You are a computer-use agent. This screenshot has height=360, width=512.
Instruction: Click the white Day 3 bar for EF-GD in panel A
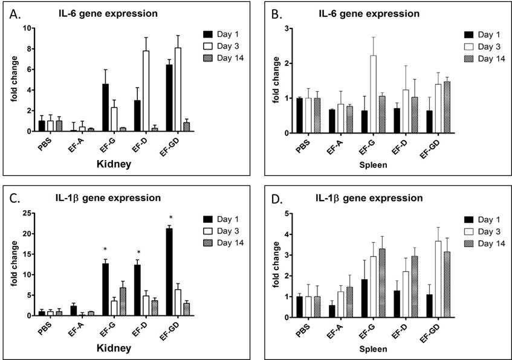178,89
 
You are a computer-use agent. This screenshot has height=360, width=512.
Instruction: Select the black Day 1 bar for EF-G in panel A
105,108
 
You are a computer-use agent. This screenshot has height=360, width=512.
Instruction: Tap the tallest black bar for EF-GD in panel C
169,272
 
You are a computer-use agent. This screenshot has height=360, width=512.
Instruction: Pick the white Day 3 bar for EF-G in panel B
373,94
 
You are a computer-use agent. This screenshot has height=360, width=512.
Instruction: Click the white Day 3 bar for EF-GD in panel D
438,279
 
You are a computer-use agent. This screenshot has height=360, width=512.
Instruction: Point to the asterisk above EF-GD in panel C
170,217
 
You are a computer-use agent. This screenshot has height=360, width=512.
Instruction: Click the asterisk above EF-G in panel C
105,249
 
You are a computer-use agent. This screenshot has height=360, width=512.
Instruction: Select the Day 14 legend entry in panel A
223,58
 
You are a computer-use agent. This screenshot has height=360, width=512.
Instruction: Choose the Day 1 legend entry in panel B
482,35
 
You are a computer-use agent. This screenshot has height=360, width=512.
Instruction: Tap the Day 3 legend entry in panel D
482,231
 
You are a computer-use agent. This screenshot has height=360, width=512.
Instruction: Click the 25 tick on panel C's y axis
27,213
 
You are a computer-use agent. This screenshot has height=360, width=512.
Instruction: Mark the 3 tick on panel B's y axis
287,28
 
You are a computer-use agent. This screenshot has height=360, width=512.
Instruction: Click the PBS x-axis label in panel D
303,330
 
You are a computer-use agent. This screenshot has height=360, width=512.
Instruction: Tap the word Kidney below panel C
114,348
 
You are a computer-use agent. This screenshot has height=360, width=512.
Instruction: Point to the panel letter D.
277,199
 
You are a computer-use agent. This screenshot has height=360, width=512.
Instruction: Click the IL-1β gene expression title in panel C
108,198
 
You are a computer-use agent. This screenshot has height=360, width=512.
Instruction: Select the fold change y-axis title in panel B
276,80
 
